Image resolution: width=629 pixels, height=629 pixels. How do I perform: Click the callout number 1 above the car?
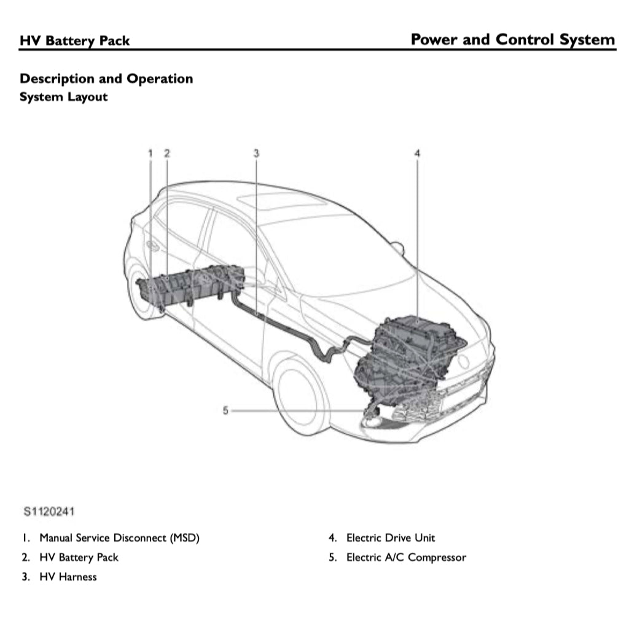click(x=150, y=153)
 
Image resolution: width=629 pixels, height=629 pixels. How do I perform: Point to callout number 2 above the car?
click(x=166, y=153)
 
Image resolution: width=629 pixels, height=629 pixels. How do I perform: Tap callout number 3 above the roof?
click(x=256, y=153)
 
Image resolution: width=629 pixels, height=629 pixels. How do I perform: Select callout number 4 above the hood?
click(x=417, y=153)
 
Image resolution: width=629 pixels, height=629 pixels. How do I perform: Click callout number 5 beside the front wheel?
click(x=225, y=410)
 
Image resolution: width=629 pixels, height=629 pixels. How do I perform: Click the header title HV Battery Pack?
click(x=75, y=41)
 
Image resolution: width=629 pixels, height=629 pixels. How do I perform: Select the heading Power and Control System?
click(x=512, y=40)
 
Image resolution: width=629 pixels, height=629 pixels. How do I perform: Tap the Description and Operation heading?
click(x=106, y=79)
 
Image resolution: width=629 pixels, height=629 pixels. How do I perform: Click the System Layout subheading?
click(x=63, y=97)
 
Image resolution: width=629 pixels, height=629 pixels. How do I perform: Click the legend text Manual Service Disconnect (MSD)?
click(x=119, y=538)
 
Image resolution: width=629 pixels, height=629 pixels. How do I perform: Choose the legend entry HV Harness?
click(x=68, y=577)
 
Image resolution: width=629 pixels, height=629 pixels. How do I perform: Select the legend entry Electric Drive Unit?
click(x=391, y=538)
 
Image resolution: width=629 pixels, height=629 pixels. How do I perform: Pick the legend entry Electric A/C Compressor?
click(x=406, y=558)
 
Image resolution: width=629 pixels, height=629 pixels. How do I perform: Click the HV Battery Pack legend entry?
click(x=79, y=558)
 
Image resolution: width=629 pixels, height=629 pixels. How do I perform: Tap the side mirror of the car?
click(x=397, y=248)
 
